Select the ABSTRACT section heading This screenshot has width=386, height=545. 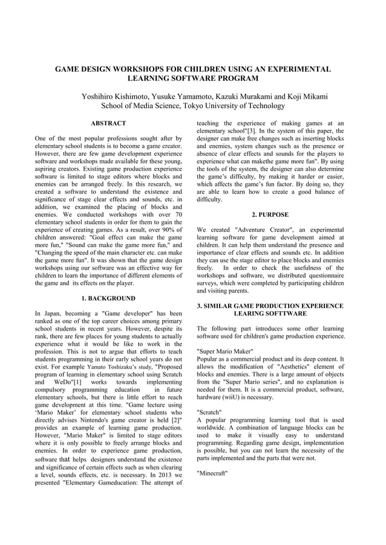click(x=108, y=123)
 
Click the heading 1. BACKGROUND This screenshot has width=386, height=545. click(x=108, y=298)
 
